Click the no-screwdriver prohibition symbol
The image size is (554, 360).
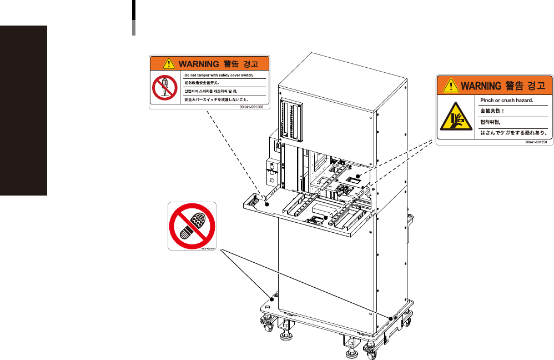point(164,88)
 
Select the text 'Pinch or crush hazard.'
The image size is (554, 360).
point(506,101)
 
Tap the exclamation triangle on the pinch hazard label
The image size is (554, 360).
point(451,86)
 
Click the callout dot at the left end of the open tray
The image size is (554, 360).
point(266,204)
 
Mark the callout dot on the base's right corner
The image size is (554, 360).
point(391,318)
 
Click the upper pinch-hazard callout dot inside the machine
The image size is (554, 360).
point(359,176)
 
